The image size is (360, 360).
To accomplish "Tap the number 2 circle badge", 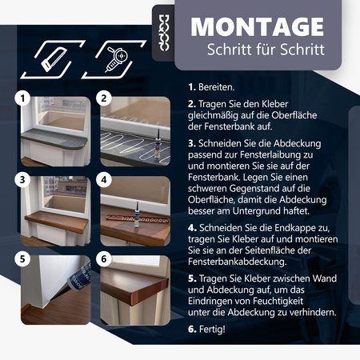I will pyautogui.click(x=103, y=100).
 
